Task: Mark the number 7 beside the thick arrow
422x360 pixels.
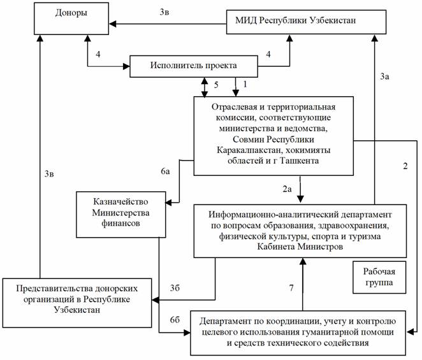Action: pyautogui.click(x=291, y=288)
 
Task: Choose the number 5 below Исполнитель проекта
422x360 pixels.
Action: pyautogui.click(x=215, y=83)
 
